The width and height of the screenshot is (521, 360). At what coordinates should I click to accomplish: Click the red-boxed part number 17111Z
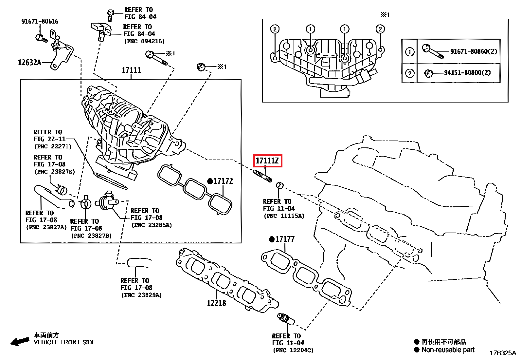267,161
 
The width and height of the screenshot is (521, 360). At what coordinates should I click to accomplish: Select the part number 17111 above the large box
131,70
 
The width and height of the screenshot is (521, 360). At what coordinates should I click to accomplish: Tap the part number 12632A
29,63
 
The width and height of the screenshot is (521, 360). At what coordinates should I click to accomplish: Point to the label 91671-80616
40,21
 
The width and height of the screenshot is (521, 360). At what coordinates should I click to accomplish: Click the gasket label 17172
223,181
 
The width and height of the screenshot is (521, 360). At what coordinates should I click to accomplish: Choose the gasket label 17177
285,239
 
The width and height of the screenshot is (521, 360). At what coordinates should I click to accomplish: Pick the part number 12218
216,303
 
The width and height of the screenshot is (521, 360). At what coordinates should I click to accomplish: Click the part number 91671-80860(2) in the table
474,51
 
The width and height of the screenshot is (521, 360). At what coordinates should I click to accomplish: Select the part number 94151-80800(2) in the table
467,72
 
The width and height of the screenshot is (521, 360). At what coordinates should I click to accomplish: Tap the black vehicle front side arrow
20,342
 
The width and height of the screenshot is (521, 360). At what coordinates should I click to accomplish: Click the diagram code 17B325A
503,353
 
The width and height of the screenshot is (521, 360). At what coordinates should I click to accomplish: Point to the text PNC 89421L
144,41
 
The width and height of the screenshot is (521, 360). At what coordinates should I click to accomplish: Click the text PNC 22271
53,146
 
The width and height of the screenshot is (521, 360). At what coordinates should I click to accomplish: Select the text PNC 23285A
152,225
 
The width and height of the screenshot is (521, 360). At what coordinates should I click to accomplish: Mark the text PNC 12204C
293,350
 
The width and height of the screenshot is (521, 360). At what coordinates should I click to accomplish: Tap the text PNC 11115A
284,216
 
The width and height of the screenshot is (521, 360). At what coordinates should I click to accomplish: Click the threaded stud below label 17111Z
262,175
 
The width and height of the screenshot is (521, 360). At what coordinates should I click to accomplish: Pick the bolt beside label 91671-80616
41,38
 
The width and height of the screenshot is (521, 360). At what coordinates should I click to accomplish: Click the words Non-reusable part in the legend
448,350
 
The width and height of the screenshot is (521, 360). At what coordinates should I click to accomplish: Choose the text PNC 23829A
141,295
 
